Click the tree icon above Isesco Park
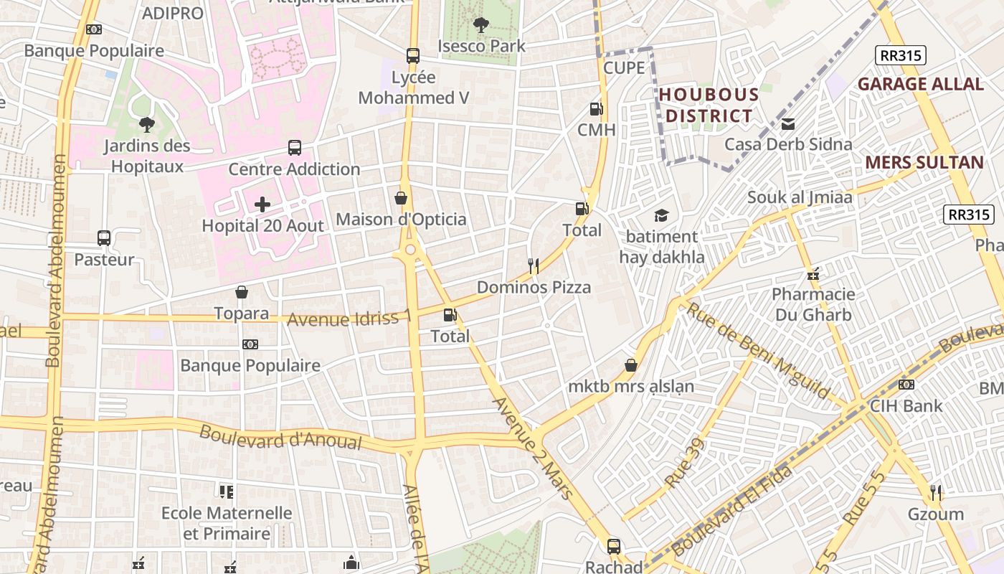pyautogui.click(x=480, y=25)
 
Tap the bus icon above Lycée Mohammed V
pyautogui.click(x=413, y=56)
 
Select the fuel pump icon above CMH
pyautogui.click(x=595, y=109)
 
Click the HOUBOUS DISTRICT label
pyautogui.click(x=709, y=105)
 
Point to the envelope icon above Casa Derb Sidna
pyautogui.click(x=788, y=124)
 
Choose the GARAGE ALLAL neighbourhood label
pyautogui.click(x=920, y=84)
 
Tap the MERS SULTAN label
pyautogui.click(x=924, y=162)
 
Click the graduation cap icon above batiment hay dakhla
pyautogui.click(x=660, y=215)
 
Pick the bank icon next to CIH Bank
pyautogui.click(x=906, y=385)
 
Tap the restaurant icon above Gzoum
pyautogui.click(x=935, y=492)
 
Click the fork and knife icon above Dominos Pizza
pyautogui.click(x=534, y=266)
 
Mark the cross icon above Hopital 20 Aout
pyautogui.click(x=262, y=204)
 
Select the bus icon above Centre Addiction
pyautogui.click(x=294, y=148)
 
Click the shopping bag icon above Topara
pyautogui.click(x=242, y=292)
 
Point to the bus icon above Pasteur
pyautogui.click(x=104, y=238)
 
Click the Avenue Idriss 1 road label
pyautogui.click(x=350, y=318)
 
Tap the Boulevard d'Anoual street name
pyautogui.click(x=280, y=437)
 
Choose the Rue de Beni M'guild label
pyautogui.click(x=757, y=352)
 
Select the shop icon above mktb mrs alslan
pyautogui.click(x=631, y=365)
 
